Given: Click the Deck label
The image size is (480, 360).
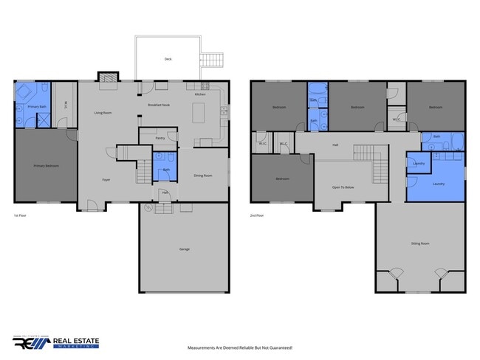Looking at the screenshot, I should pyautogui.click(x=168, y=59).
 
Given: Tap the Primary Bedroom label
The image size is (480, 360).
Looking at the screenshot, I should pyautogui.click(x=46, y=166).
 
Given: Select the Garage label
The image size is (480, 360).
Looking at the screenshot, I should pyautogui.click(x=184, y=249).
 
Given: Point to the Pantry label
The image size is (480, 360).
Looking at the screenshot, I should pyautogui.click(x=160, y=138).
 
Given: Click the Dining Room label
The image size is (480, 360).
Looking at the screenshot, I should pyautogui.click(x=202, y=175).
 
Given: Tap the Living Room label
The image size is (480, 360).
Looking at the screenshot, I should pyautogui.click(x=103, y=113).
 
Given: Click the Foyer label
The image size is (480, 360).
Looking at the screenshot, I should pyautogui.click(x=106, y=179).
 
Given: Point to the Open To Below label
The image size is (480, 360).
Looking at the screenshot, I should pyautogui.click(x=343, y=187).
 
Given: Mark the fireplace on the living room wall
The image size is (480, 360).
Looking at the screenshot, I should pyautogui.click(x=109, y=76).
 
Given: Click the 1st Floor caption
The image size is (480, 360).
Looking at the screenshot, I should pyautogui.click(x=21, y=215).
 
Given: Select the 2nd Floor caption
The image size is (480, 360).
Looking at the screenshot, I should pyautogui.click(x=257, y=215).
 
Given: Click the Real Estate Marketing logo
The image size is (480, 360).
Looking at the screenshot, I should pyautogui.click(x=56, y=342).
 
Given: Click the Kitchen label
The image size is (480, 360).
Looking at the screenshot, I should pyautogui.click(x=200, y=94).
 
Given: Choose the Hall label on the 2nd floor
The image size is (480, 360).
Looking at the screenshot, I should pyautogui.click(x=335, y=145).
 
